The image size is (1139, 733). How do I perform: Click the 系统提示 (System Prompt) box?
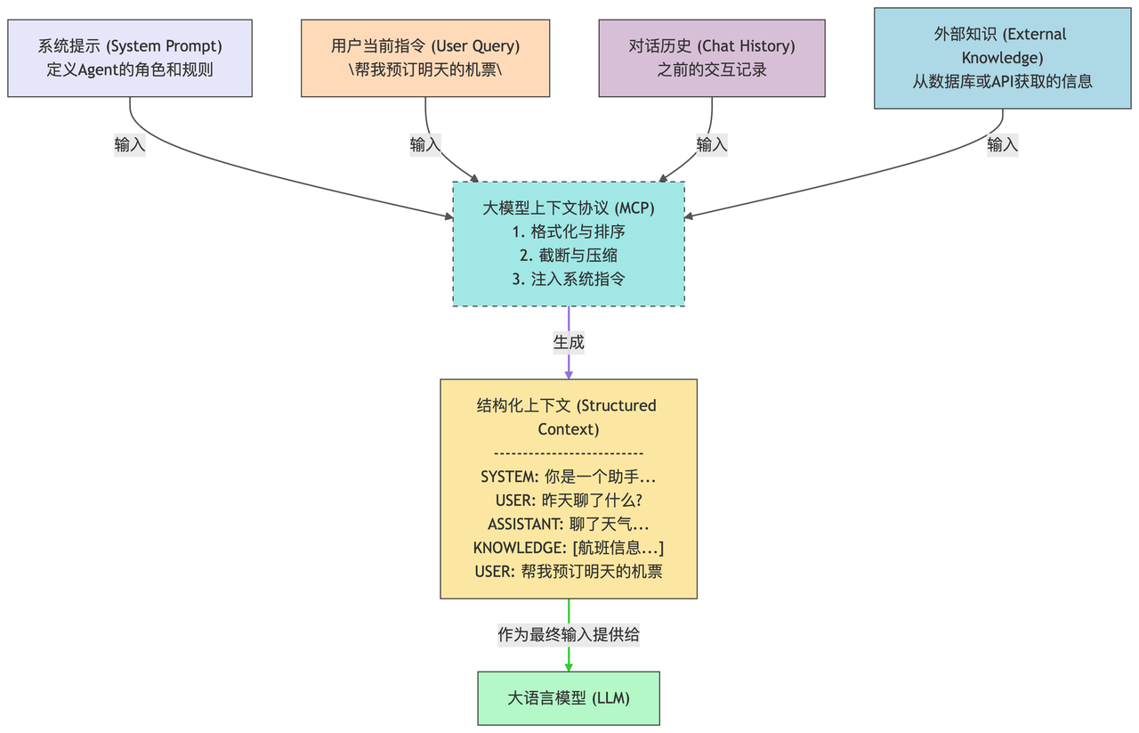pos(130,58)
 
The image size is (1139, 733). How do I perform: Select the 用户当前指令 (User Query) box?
pos(425,58)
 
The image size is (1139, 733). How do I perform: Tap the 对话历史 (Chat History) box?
pos(712,58)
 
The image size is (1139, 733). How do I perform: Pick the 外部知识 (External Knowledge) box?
pos(1002,58)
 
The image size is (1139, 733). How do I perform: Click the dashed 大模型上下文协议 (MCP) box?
pos(569,244)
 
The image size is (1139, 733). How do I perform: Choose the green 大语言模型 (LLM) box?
pos(569,698)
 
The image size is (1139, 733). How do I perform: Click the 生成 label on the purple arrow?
pos(569,342)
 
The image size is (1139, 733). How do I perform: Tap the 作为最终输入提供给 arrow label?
pos(569,635)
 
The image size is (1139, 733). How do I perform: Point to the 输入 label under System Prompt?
pos(130,145)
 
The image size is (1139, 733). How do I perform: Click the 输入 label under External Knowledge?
pos(1002,145)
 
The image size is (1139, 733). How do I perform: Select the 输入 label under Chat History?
pos(712,145)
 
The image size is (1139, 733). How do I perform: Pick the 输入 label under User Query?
pos(425,145)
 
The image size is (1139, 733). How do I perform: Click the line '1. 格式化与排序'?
pos(569,232)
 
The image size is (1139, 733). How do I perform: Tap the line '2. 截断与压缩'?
pos(569,255)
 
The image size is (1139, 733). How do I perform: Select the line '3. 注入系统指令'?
pos(569,279)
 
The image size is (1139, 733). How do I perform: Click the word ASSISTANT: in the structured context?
pos(525,525)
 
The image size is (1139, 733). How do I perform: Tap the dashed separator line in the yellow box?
pos(569,453)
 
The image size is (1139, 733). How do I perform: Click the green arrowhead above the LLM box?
pos(569,667)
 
